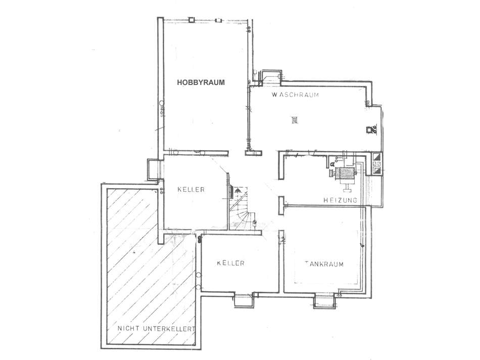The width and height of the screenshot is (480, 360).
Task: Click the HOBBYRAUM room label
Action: coord(201,82)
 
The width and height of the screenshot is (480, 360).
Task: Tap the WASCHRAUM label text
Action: coord(295,95)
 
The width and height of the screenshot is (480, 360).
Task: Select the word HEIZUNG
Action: coord(340,200)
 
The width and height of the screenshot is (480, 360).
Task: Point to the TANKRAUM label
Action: coord(324,264)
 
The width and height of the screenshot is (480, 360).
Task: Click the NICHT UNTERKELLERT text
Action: coord(157,329)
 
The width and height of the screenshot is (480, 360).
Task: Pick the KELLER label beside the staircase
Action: coord(191,189)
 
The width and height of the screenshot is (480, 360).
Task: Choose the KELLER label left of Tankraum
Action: coord(230,263)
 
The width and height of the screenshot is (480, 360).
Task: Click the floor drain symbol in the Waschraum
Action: coord(295,120)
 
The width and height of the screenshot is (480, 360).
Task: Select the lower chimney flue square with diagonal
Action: coord(377,169)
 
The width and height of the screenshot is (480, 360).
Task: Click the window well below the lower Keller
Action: coord(244,300)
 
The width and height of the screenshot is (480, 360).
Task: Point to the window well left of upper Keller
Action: coord(153,169)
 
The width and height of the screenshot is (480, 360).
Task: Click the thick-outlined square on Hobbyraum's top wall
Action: coord(191,20)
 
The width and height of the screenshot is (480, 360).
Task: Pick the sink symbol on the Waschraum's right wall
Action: coord(371,129)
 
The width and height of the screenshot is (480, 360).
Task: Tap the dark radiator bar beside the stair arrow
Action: coord(232,191)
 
